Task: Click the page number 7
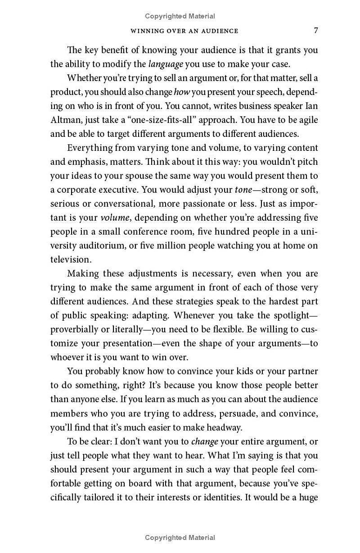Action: pyautogui.click(x=316, y=31)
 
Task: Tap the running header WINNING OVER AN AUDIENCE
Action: pyautogui.click(x=184, y=31)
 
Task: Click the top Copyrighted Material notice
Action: pyautogui.click(x=180, y=16)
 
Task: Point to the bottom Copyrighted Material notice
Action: pyautogui.click(x=180, y=537)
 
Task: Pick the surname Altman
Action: pyautogui.click(x=63, y=120)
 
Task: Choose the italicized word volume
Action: pyautogui.click(x=114, y=218)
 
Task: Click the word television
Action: pyautogui.click(x=71, y=259)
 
